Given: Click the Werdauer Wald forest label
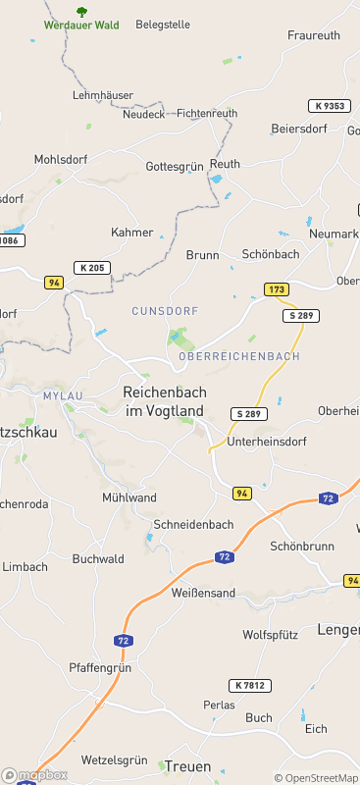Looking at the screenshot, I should point(82,25).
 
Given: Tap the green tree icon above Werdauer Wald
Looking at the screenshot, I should point(81,11).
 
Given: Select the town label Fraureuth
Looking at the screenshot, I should point(314,34).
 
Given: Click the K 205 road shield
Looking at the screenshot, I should point(92,267).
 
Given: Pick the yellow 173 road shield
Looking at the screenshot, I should point(277,289).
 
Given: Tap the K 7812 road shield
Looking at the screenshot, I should point(252,685).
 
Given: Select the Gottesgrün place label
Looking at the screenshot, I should point(174,167).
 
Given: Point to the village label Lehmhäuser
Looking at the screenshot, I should point(103,95).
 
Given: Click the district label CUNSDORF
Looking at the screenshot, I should point(165,311).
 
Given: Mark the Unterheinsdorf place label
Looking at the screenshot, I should point(267,442).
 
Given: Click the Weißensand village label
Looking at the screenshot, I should point(203,593).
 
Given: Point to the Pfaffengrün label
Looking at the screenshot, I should point(100,667).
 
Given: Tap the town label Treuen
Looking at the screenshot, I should point(188,766).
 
